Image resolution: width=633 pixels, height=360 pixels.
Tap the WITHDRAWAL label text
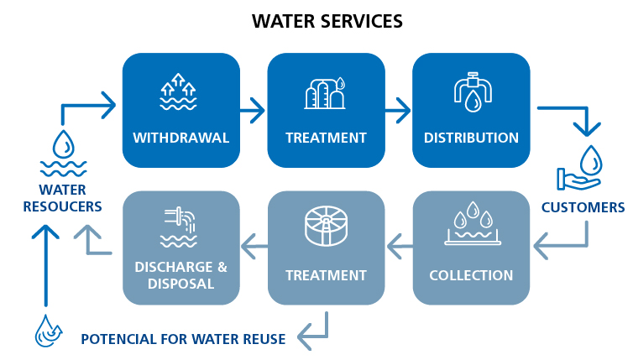click(181, 138)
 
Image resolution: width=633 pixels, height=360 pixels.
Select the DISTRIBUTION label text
click(471, 138)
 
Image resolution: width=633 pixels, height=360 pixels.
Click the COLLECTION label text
click(471, 275)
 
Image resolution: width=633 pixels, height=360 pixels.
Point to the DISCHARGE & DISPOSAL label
click(181, 275)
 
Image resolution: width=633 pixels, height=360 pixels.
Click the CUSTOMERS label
click(583, 207)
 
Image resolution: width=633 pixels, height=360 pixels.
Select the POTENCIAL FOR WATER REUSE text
click(183, 339)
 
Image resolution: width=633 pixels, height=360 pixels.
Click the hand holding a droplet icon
click(580, 168)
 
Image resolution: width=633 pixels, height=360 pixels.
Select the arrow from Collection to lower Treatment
click(399, 245)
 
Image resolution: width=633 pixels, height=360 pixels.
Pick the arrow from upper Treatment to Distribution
click(398, 108)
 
